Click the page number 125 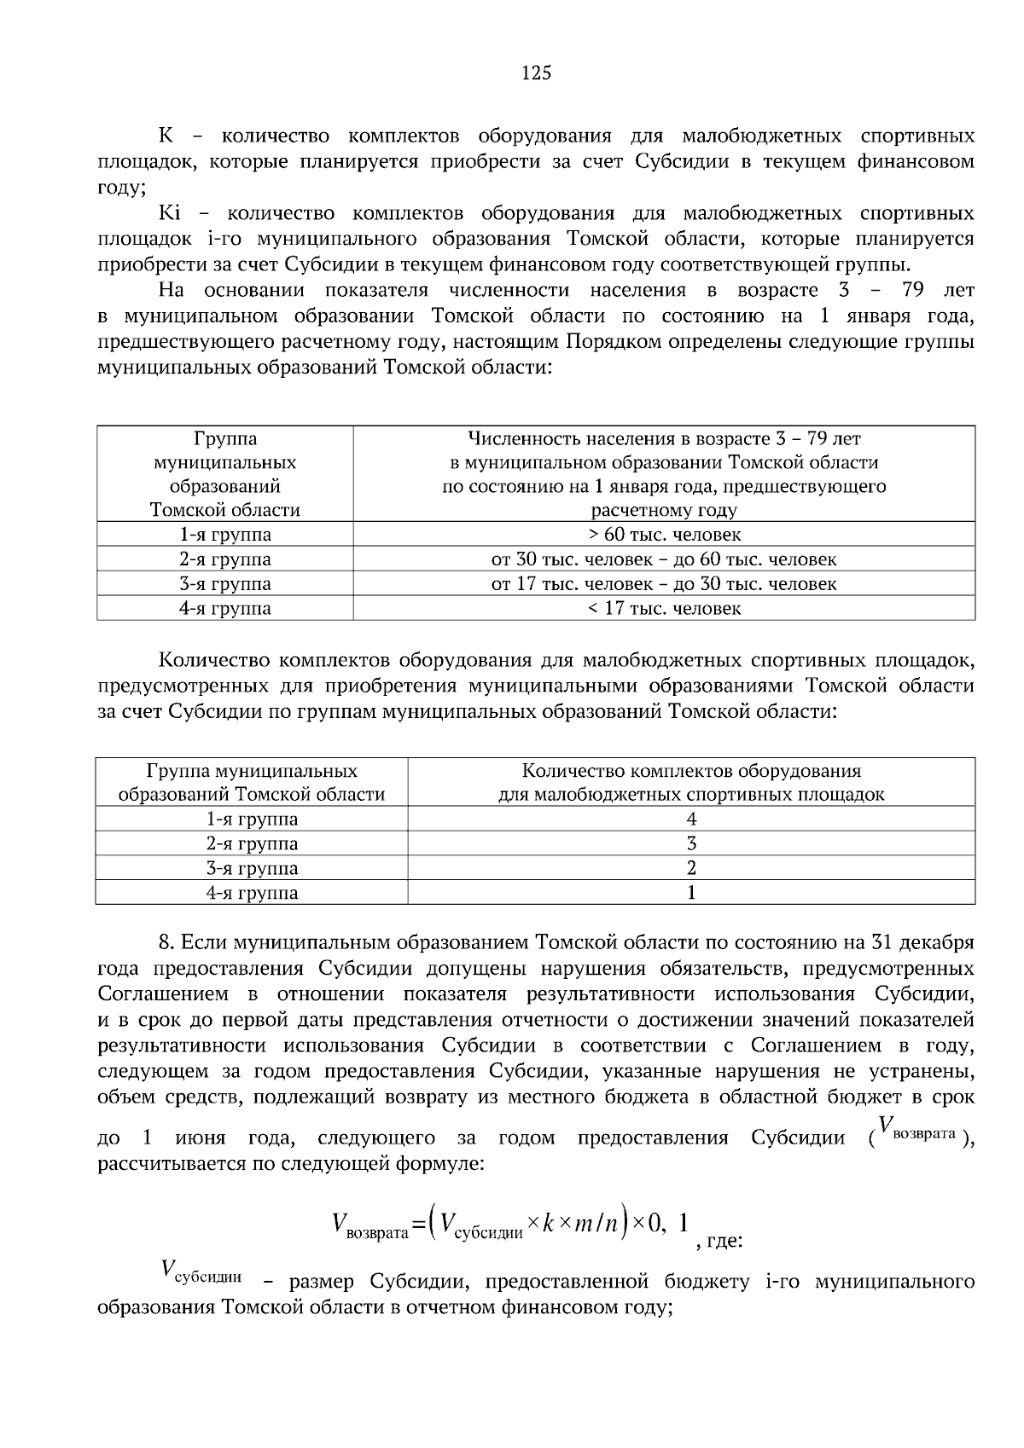pyautogui.click(x=536, y=72)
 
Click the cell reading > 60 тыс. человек pyautogui.click(x=664, y=535)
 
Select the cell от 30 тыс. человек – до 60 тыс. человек pyautogui.click(x=664, y=559)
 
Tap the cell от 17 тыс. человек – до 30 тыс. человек pyautogui.click(x=664, y=584)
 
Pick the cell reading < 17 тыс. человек pyautogui.click(x=664, y=609)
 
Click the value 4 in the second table pyautogui.click(x=691, y=820)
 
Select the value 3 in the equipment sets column pyautogui.click(x=691, y=844)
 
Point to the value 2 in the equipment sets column pyautogui.click(x=691, y=869)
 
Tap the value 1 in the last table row pyautogui.click(x=691, y=894)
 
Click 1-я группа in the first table pyautogui.click(x=225, y=535)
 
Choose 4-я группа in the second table pyautogui.click(x=252, y=894)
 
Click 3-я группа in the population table pyautogui.click(x=225, y=584)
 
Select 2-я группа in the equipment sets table pyautogui.click(x=252, y=844)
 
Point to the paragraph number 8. pyautogui.click(x=167, y=943)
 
